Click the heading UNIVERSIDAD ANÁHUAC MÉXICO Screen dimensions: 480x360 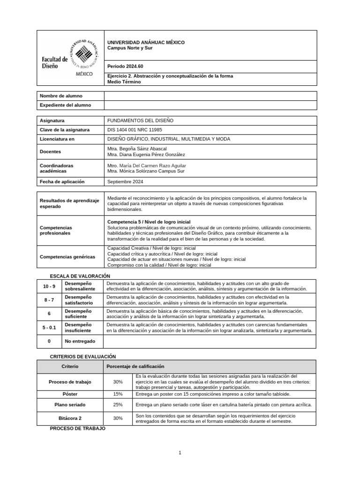click(x=146, y=42)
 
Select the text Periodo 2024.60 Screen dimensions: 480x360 click(x=125, y=66)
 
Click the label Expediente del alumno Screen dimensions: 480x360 click(x=66, y=105)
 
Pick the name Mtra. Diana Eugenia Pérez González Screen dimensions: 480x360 click(x=146, y=155)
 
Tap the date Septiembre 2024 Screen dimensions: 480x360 click(x=125, y=181)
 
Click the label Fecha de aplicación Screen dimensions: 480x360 click(x=62, y=181)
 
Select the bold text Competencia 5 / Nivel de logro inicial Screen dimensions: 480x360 click(x=149, y=221)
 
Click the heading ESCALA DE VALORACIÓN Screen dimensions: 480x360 click(x=80, y=276)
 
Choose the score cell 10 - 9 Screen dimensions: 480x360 click(x=49, y=286)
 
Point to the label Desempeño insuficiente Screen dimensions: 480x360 click(x=78, y=327)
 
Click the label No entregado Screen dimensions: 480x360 click(x=80, y=342)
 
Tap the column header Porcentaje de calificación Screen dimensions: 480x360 click(x=135, y=366)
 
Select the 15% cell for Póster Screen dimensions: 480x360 click(x=118, y=394)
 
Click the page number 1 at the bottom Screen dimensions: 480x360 click(x=180, y=453)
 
